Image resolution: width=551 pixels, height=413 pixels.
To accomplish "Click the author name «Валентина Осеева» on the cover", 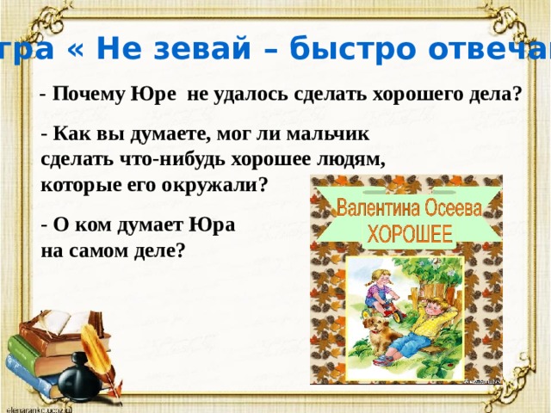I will [406, 209].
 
